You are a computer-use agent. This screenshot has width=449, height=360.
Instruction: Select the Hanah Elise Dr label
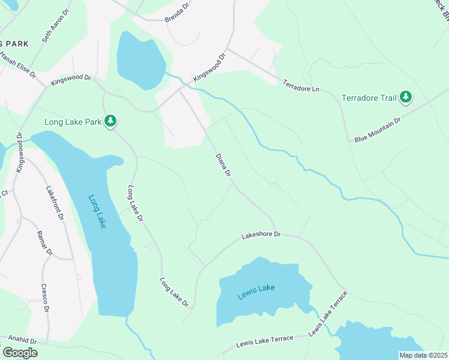tap(18, 66)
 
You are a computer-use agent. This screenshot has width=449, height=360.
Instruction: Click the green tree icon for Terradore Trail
tap(406, 97)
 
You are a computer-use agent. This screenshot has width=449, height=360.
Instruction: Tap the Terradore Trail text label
tap(369, 97)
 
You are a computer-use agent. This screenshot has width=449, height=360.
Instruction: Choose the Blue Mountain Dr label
tap(377, 130)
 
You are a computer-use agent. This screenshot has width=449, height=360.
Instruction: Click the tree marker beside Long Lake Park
tap(110, 121)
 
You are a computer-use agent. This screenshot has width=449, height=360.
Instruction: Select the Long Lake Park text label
tap(73, 122)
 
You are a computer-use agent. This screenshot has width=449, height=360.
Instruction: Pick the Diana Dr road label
tap(223, 164)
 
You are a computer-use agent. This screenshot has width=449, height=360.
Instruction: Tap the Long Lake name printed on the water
tap(97, 211)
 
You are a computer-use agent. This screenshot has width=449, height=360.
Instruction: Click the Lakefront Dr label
tap(55, 202)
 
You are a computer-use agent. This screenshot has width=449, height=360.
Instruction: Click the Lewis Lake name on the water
tap(256, 288)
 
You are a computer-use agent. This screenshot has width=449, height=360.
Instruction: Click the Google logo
tap(20, 352)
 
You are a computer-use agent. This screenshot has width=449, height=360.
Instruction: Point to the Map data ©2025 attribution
tap(423, 355)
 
